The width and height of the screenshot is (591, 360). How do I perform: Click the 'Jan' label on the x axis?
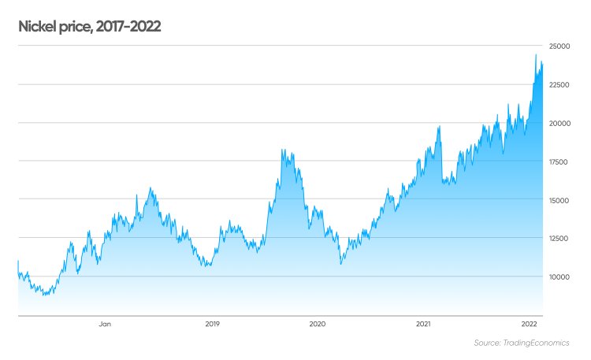tap(105, 324)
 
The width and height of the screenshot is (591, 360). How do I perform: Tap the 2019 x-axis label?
tap(212, 324)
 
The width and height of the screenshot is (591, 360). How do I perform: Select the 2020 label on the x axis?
tap(318, 324)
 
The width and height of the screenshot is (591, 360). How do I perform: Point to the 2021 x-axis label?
tap(423, 324)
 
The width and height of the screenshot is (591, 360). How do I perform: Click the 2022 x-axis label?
tap(530, 324)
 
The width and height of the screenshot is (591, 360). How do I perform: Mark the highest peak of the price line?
tap(536, 54)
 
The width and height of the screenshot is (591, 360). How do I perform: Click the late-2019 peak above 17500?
tap(283, 150)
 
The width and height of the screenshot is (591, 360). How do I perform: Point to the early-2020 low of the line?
tap(340, 264)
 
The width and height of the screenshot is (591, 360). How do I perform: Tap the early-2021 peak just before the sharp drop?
tap(439, 126)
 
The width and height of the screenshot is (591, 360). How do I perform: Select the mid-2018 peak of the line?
tap(150, 188)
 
